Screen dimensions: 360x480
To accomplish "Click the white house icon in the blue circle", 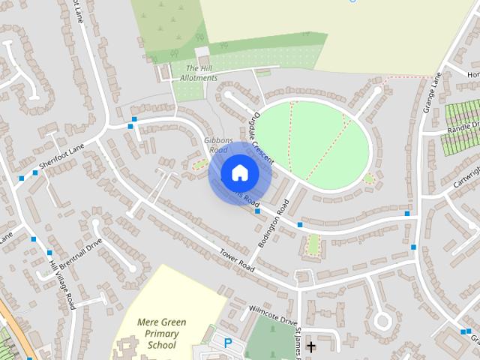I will coord(239,173).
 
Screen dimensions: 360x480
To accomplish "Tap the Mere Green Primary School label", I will coord(161,334).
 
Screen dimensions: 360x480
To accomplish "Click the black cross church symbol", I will coord(310,346).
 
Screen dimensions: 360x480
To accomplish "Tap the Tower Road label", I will coord(232,259).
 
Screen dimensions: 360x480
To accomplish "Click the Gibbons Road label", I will coord(216,145).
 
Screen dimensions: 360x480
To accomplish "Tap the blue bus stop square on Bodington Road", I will coord(300,224).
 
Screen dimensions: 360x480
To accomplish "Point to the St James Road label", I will coord(298,343).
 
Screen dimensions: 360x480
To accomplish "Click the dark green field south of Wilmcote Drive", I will coord(270,337).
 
